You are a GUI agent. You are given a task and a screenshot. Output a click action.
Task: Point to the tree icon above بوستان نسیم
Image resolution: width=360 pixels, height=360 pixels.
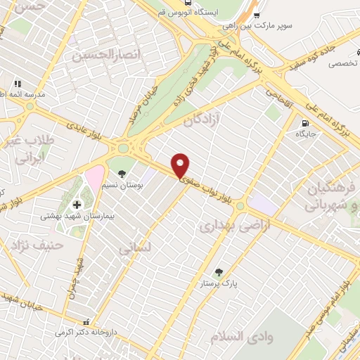(122, 173)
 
